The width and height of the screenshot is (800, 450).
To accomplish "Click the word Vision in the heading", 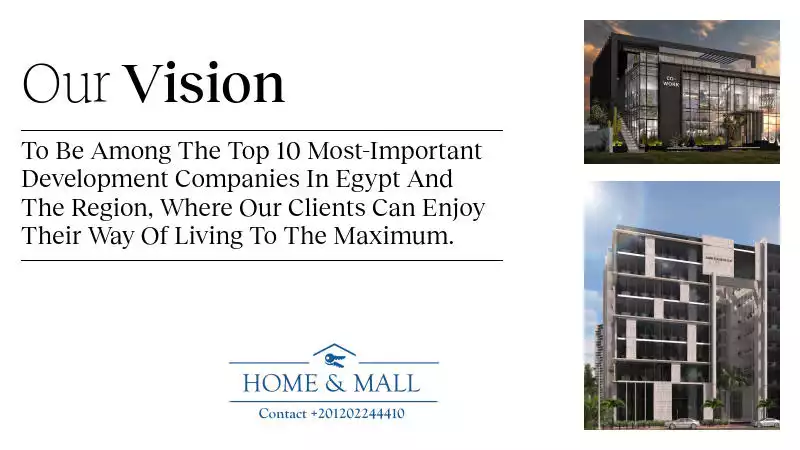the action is pyautogui.click(x=204, y=83).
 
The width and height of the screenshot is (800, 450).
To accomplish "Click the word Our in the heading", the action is pyautogui.click(x=66, y=84).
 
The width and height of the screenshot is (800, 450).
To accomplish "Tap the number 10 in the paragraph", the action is pyautogui.click(x=289, y=151).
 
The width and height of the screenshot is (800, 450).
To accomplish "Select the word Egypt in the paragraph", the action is pyautogui.click(x=367, y=180).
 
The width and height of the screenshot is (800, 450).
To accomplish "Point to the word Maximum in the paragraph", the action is pyautogui.click(x=393, y=236).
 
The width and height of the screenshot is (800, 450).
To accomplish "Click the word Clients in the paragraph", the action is pyautogui.click(x=327, y=208).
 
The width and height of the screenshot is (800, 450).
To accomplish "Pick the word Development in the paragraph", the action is pyautogui.click(x=95, y=180).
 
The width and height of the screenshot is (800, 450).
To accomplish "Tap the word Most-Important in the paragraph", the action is pyautogui.click(x=394, y=152).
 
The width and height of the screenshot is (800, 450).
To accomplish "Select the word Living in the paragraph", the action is pyautogui.click(x=209, y=237).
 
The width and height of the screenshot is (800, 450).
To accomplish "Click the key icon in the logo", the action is pyautogui.click(x=335, y=360).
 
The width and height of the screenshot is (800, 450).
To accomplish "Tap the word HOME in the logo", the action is pyautogui.click(x=280, y=384).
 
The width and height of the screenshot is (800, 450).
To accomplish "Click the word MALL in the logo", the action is pyautogui.click(x=387, y=384).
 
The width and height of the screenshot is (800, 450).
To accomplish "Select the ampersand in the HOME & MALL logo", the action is pyautogui.click(x=335, y=384).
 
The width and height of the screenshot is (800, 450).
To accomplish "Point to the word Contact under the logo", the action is pyautogui.click(x=283, y=413).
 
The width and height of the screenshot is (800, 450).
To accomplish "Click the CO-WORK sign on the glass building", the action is pyautogui.click(x=671, y=82).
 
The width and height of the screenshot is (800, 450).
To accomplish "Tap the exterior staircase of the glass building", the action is pyautogui.click(x=627, y=136).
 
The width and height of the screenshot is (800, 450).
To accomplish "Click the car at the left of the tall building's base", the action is pyautogui.click(x=683, y=423).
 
